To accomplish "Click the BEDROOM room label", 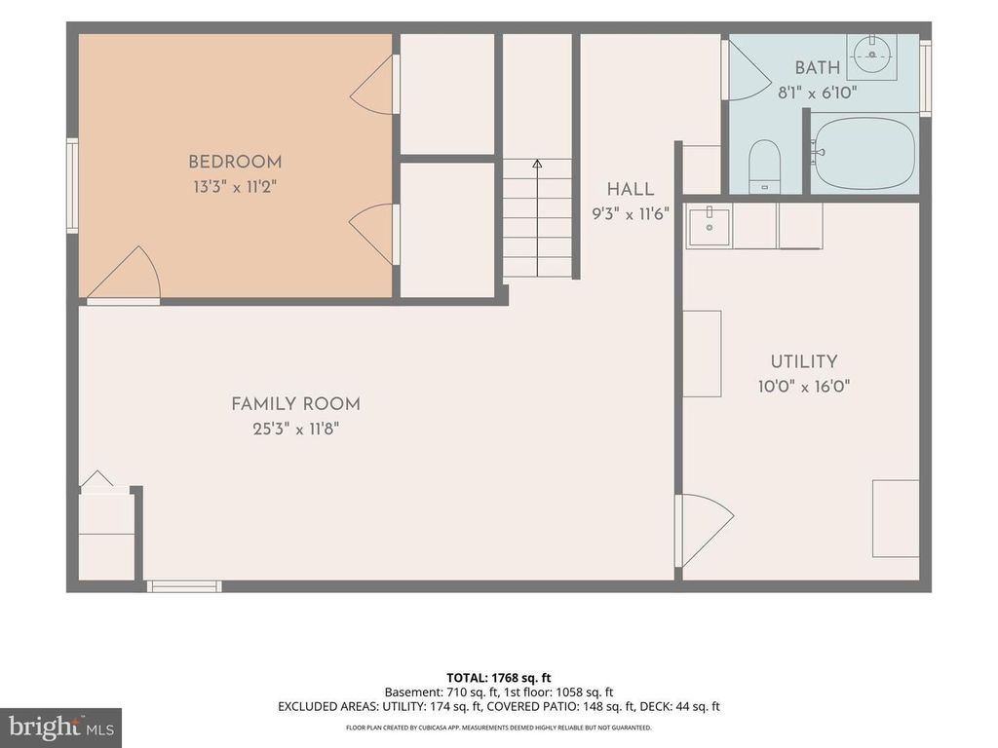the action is coord(235,162).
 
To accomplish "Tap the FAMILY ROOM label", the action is coord(296,404).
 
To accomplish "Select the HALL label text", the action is coord(631,189).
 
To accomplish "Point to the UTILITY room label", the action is coord(804,361).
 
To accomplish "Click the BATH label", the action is coord(818,67).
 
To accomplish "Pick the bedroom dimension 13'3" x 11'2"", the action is coord(236,187).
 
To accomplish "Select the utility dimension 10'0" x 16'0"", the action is coord(804,386).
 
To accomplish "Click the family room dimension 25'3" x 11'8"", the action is coord(296,429).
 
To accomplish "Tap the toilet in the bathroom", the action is coord(764,167).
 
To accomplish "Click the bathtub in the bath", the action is coord(864,153).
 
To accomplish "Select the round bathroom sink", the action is coord(871,55).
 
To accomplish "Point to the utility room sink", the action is coord(709,226).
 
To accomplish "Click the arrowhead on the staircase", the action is coord(537,164).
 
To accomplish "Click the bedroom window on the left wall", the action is coord(72,185).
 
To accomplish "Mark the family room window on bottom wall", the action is coord(184,586).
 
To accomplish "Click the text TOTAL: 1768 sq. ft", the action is coord(498,678).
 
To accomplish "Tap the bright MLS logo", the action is coord(61,727).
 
